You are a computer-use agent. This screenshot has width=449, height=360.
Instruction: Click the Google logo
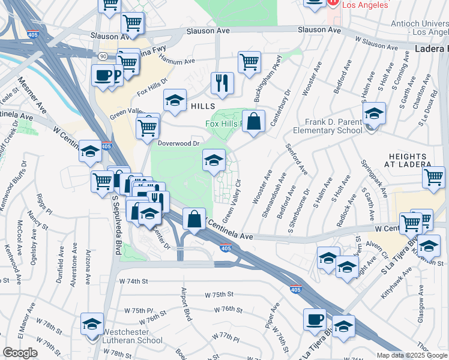point(20,353)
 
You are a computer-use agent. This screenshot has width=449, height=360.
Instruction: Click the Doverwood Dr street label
point(178,143)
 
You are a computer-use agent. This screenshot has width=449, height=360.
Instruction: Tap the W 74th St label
point(134,281)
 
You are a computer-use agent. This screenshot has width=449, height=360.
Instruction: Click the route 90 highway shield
point(104,56)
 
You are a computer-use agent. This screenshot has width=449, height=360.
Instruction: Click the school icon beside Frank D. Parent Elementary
point(373,114)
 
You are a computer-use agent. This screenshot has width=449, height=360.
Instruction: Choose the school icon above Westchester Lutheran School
point(92,325)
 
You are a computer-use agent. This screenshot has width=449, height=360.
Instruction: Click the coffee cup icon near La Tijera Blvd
point(315,320)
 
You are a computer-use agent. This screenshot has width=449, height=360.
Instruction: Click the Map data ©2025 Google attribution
point(411,355)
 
